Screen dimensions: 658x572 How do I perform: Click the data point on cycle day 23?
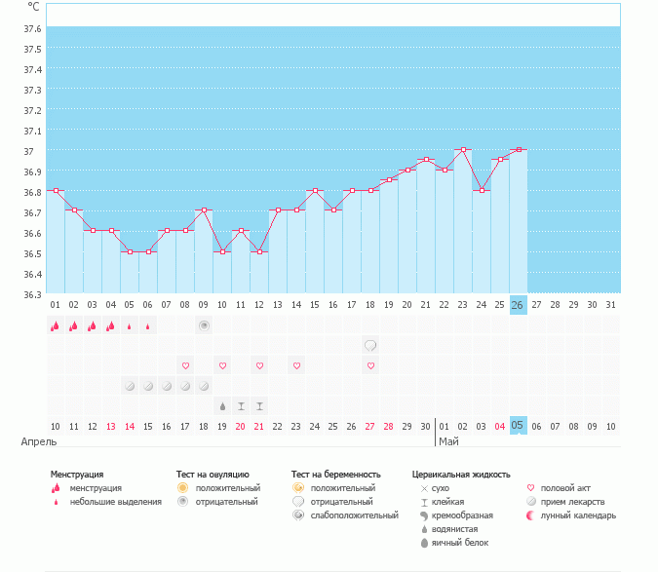[463, 149]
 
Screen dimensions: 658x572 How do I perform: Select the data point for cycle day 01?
[56, 190]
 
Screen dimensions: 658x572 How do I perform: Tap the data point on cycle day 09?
[204, 210]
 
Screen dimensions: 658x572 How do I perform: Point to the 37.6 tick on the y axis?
[32, 28]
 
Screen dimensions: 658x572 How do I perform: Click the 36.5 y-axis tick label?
[32, 253]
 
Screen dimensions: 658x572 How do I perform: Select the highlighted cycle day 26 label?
[518, 305]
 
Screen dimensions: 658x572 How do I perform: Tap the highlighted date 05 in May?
[518, 426]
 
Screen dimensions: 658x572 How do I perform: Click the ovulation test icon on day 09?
[204, 325]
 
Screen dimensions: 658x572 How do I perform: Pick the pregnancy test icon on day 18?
[370, 346]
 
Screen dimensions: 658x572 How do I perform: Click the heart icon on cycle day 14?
[296, 365]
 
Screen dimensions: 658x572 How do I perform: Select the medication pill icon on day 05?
[130, 386]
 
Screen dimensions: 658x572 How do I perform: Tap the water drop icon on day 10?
[222, 406]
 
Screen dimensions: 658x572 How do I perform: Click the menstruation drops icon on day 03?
[93, 325]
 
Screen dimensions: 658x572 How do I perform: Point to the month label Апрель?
[39, 441]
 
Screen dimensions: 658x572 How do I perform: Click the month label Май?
[448, 441]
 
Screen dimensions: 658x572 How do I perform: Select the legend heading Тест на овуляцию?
[213, 475]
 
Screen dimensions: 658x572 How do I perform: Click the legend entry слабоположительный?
[354, 515]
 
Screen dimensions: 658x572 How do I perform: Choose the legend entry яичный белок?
[460, 543]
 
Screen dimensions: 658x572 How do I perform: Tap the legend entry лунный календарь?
[578, 515]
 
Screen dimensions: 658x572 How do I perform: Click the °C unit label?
[33, 7]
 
